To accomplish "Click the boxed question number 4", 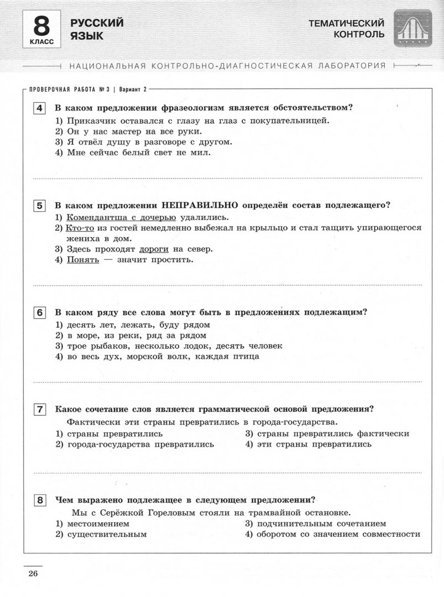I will coord(40,108).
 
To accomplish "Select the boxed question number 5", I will coord(40,206).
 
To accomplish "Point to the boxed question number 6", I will coord(40,313).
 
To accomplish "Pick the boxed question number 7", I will coord(40,410).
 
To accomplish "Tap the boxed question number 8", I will coord(40,501).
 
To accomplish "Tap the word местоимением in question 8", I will coord(98,523).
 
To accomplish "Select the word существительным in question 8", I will coord(107,534).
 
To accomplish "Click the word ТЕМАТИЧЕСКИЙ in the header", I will coord(346,23).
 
